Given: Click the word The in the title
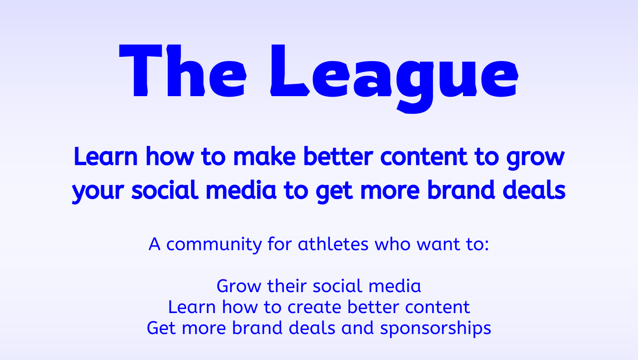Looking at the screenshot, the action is tap(183, 71).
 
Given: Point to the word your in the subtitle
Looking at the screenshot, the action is tap(98, 191).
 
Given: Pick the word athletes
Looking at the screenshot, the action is tap(333, 244).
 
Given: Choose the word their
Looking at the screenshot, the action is tap(287, 286).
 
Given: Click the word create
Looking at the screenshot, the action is tap(314, 307).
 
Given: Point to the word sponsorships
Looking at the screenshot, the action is tap(436, 329).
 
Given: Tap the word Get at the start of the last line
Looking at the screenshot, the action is tap(161, 328).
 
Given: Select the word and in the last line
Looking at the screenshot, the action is tap(357, 328).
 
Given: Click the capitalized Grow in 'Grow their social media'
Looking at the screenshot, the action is tap(239, 286).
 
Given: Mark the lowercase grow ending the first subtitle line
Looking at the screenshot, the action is tap(535, 158).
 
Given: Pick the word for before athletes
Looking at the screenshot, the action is tap(280, 244).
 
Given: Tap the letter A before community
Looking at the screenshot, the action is tap(154, 244).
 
